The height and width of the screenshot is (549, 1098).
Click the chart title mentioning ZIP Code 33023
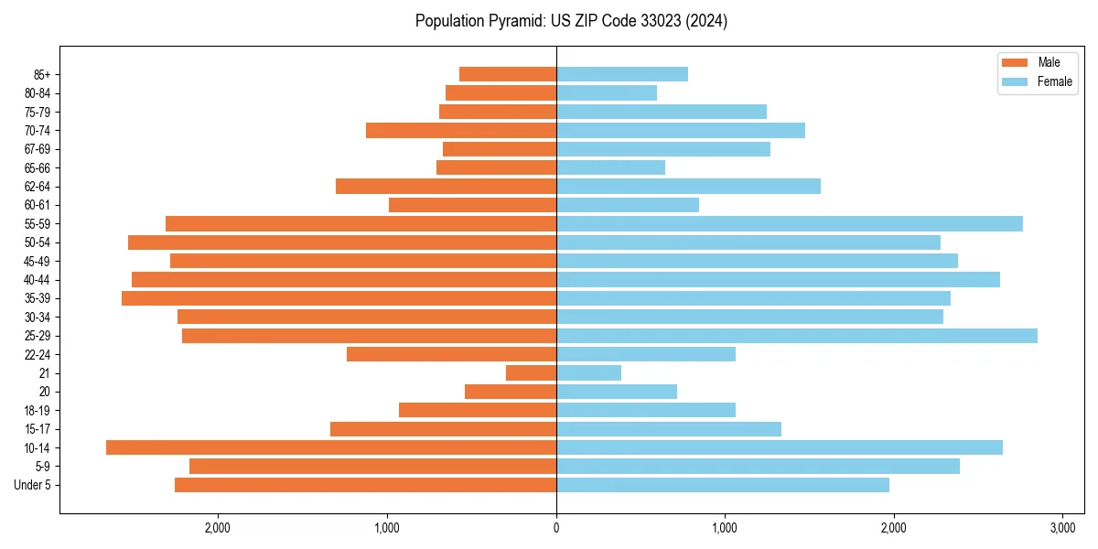point(571,21)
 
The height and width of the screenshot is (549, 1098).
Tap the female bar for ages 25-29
point(796,336)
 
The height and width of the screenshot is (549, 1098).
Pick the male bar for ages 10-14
point(331,447)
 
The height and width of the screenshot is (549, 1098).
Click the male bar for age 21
point(531,373)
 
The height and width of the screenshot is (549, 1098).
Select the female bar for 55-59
point(789,223)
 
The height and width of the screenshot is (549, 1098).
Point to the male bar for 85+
point(508,74)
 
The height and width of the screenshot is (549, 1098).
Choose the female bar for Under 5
point(723,485)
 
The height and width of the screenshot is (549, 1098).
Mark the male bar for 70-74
point(461,130)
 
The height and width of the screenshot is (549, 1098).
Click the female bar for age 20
point(617,392)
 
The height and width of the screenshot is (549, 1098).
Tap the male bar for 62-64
point(446,186)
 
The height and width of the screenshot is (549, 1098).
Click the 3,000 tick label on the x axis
point(1062,528)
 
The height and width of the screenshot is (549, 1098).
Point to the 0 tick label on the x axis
point(556,528)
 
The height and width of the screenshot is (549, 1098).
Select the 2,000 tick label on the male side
point(218,528)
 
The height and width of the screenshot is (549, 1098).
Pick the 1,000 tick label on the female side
point(725,528)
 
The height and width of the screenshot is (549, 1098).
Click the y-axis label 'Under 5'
point(32,485)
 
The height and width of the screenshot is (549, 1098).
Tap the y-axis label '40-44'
point(37,280)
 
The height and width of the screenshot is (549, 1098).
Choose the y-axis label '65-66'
point(37,167)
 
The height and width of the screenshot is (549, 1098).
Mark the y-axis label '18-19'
point(37,410)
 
